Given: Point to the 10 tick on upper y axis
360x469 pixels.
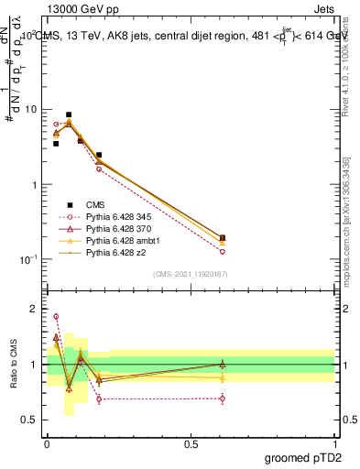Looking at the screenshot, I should [30, 109].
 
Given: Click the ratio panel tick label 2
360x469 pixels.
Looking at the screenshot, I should [34, 309].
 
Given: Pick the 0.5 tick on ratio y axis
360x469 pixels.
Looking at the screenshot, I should [29, 420].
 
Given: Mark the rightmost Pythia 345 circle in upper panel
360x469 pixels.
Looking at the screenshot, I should [223, 251].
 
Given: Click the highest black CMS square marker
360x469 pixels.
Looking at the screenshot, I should [69, 115].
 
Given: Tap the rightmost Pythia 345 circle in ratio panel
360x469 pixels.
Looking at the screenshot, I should [223, 398].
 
